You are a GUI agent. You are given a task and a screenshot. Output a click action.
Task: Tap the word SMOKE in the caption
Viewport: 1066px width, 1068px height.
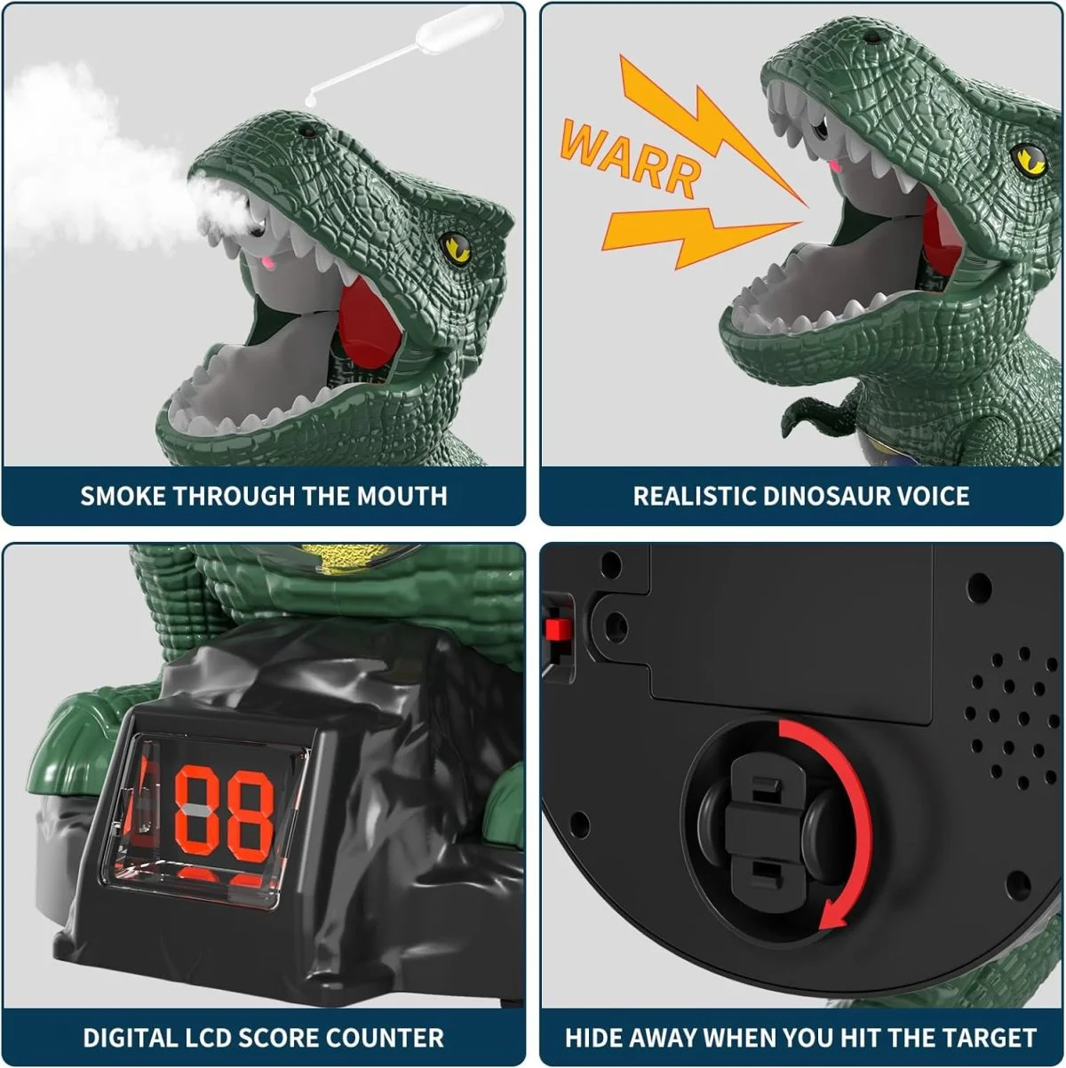click(123, 495)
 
